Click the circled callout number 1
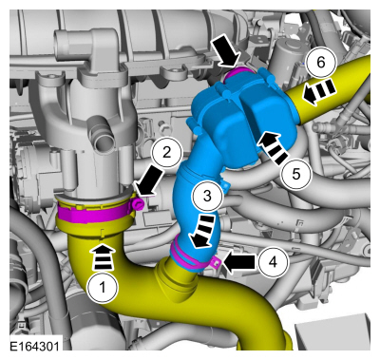tap(103, 288)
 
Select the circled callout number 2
tap(167, 153)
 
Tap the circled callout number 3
tap(207, 196)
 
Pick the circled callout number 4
tap(273, 262)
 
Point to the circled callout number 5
tap(296, 174)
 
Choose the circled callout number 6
tap(321, 63)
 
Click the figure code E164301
tap(34, 346)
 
